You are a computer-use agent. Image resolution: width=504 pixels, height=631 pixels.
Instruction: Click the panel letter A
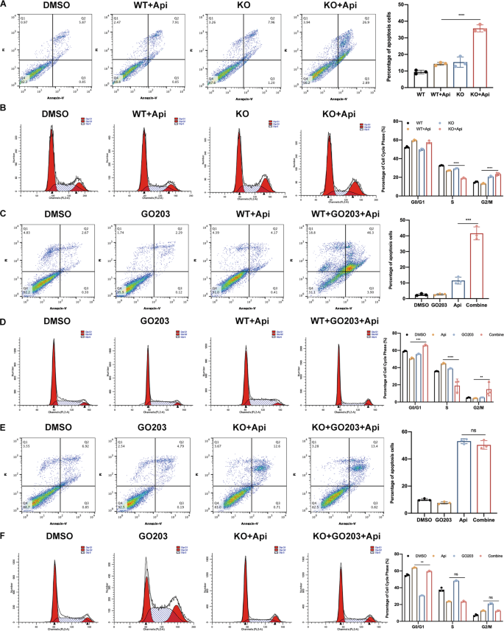click(x=5, y=6)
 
